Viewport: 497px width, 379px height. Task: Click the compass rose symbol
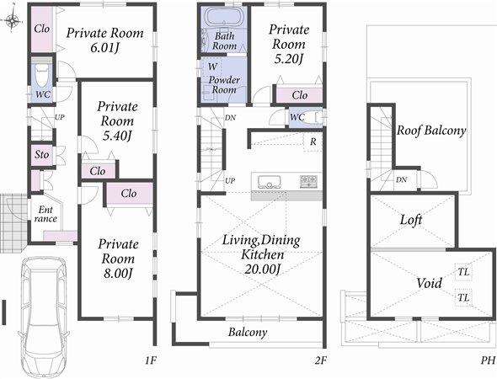click(x=12, y=20)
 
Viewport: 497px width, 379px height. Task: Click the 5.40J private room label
click(x=117, y=122)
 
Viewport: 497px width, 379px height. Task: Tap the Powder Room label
click(x=224, y=84)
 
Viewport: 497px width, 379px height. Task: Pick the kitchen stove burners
click(x=308, y=180)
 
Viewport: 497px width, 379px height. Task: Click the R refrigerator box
click(x=313, y=141)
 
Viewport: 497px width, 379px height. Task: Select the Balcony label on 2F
click(x=248, y=332)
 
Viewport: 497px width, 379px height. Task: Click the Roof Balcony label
click(x=431, y=131)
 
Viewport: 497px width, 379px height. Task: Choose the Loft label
click(x=410, y=219)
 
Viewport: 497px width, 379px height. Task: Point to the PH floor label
click(x=487, y=360)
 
